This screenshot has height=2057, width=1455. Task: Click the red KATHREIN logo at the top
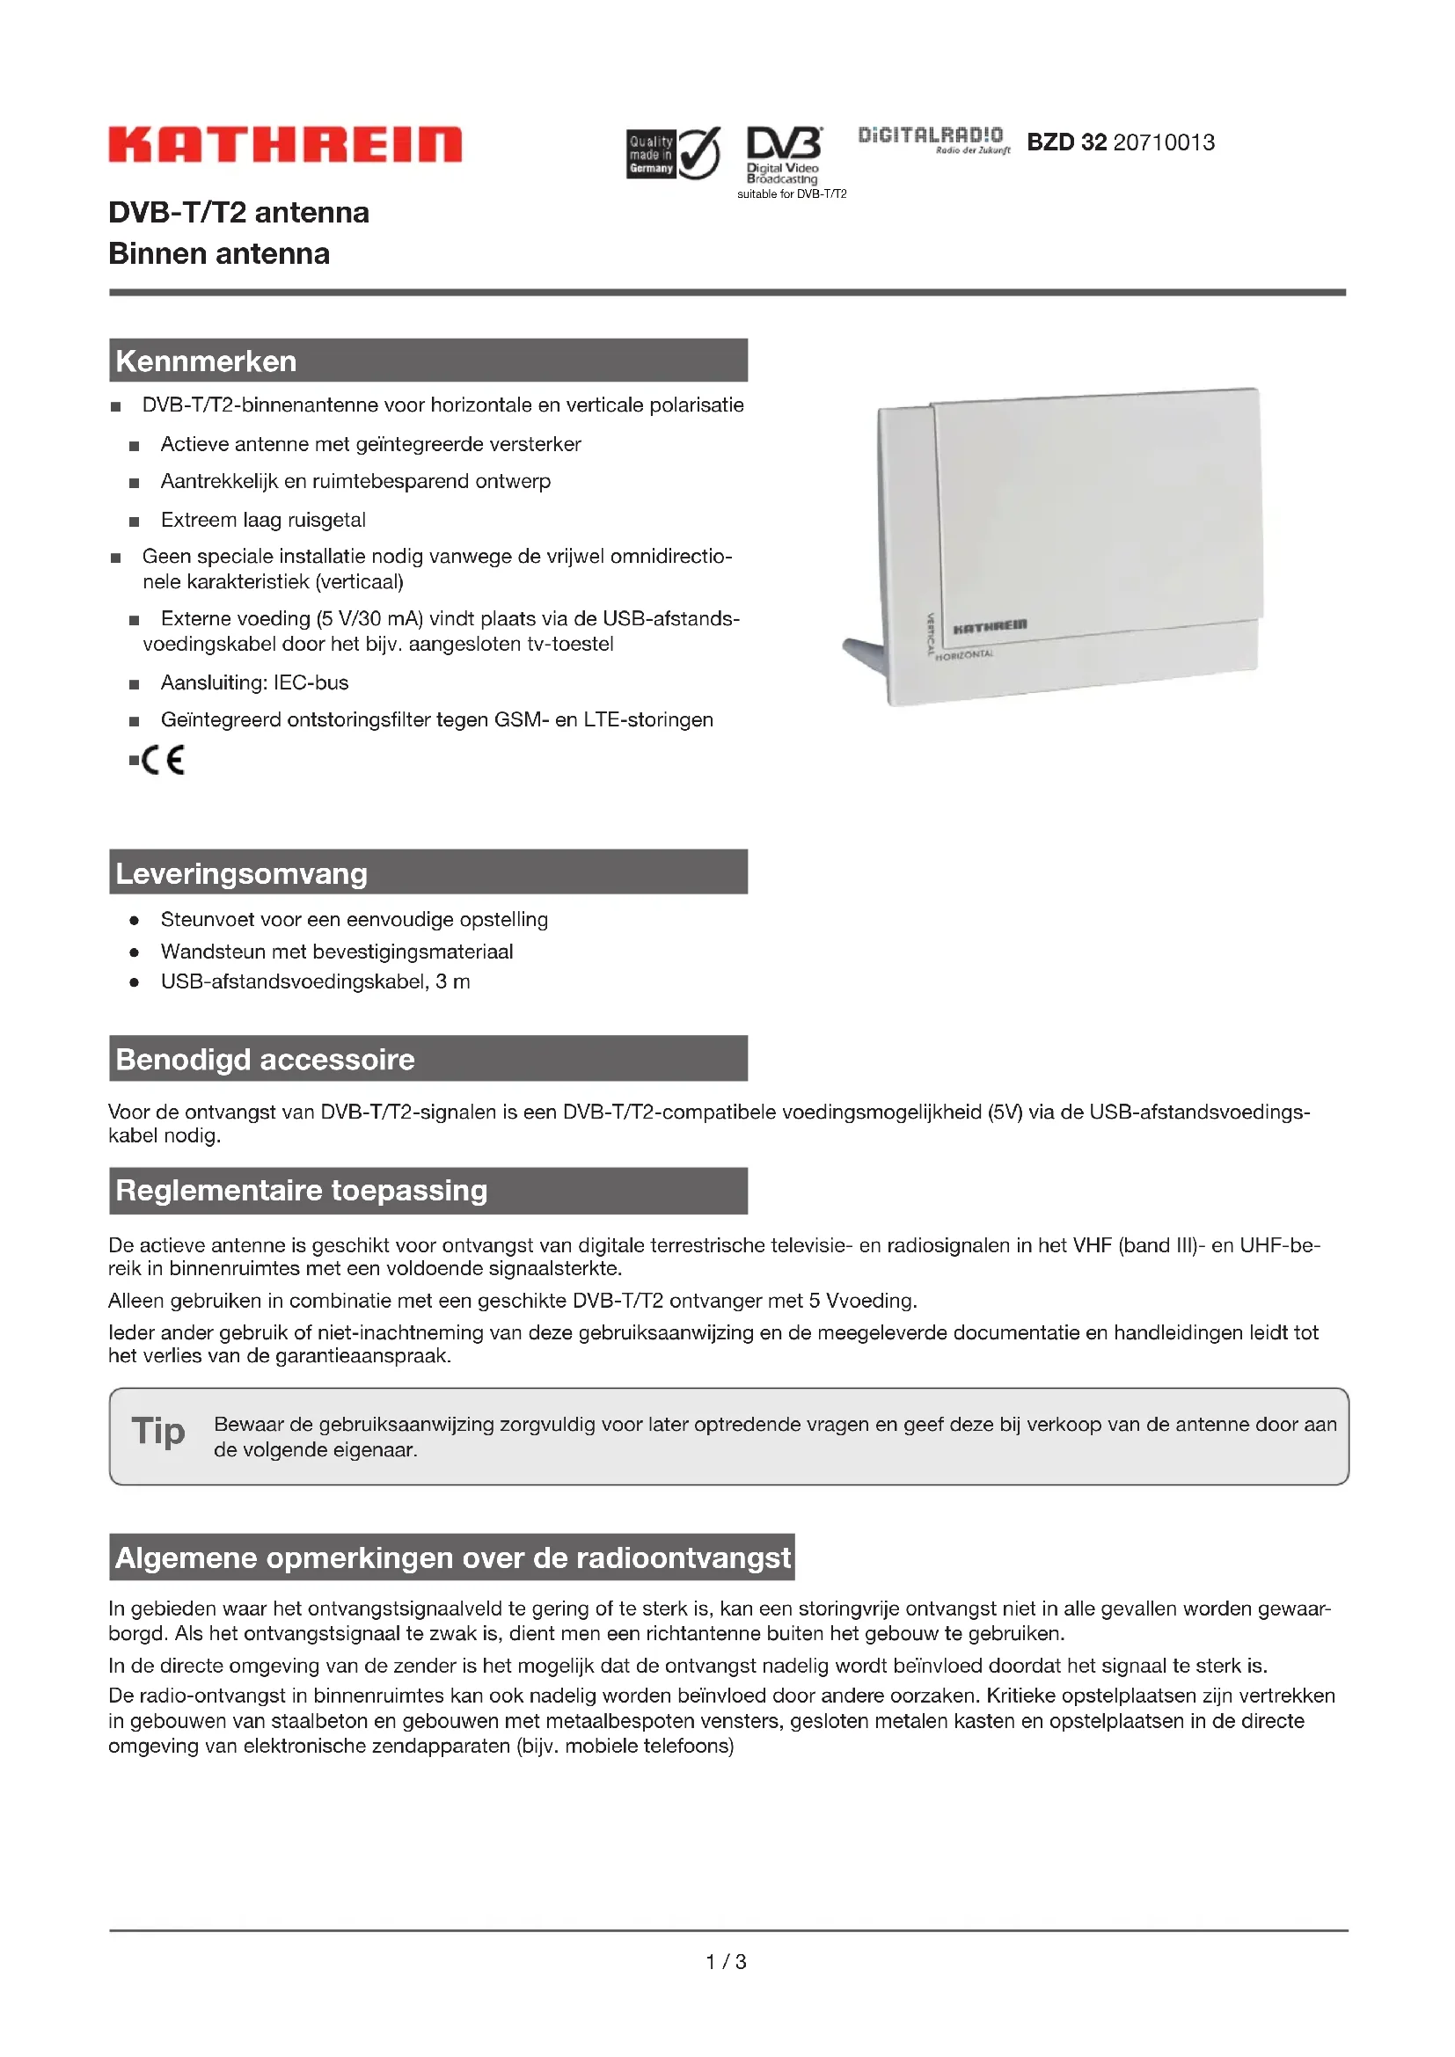[x=285, y=144]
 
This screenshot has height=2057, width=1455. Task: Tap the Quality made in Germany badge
[x=672, y=153]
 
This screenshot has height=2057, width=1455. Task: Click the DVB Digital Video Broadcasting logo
[x=784, y=154]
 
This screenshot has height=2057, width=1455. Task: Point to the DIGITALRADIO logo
[x=932, y=138]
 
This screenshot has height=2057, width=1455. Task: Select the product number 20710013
[x=1164, y=142]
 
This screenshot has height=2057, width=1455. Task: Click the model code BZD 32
[x=1066, y=142]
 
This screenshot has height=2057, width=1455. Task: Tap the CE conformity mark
[x=162, y=760]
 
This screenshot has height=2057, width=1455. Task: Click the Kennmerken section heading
[x=206, y=361]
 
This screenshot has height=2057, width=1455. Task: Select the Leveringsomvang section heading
[x=242, y=872]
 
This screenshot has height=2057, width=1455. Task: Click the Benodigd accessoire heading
[x=265, y=1059]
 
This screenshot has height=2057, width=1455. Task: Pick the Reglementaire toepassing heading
[x=301, y=1190]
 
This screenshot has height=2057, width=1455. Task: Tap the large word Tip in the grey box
[x=158, y=1431]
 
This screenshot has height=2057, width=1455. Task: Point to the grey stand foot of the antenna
[x=864, y=652]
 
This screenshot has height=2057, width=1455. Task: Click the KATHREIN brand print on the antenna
[x=989, y=625]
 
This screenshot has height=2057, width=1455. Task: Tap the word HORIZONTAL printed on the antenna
[x=964, y=655]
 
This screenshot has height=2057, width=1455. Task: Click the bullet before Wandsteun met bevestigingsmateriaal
[x=135, y=952]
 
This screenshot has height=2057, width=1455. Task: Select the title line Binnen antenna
[x=219, y=253]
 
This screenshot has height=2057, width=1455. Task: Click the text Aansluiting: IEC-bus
[x=254, y=682]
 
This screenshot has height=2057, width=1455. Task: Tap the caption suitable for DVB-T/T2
[x=791, y=193]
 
